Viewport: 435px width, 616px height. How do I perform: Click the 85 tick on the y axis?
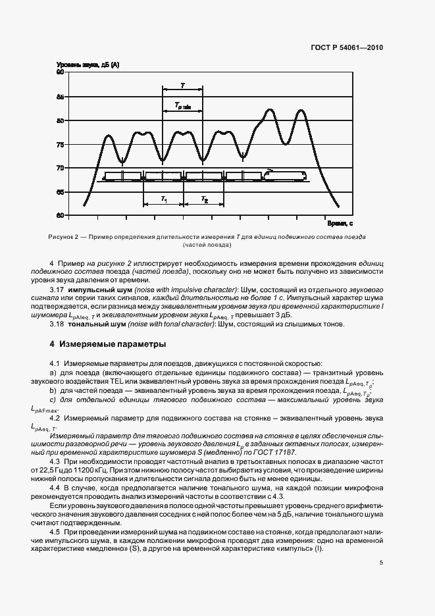pyautogui.click(x=60, y=97)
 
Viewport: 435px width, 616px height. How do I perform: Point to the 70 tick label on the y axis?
pyautogui.click(x=60, y=168)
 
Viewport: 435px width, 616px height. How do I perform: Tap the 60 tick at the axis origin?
pyautogui.click(x=60, y=215)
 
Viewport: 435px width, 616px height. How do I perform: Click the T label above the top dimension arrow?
pyautogui.click(x=182, y=85)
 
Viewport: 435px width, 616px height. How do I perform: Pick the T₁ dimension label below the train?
pyautogui.click(x=164, y=199)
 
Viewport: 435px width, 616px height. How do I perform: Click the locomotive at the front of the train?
pyautogui.click(x=284, y=174)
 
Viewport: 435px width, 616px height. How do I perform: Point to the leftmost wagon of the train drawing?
pyautogui.click(x=122, y=176)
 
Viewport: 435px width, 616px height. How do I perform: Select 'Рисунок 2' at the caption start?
pyautogui.click(x=63, y=236)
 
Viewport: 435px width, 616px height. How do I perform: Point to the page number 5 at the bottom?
pyautogui.click(x=382, y=563)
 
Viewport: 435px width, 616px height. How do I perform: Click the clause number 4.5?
pyautogui.click(x=55, y=530)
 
